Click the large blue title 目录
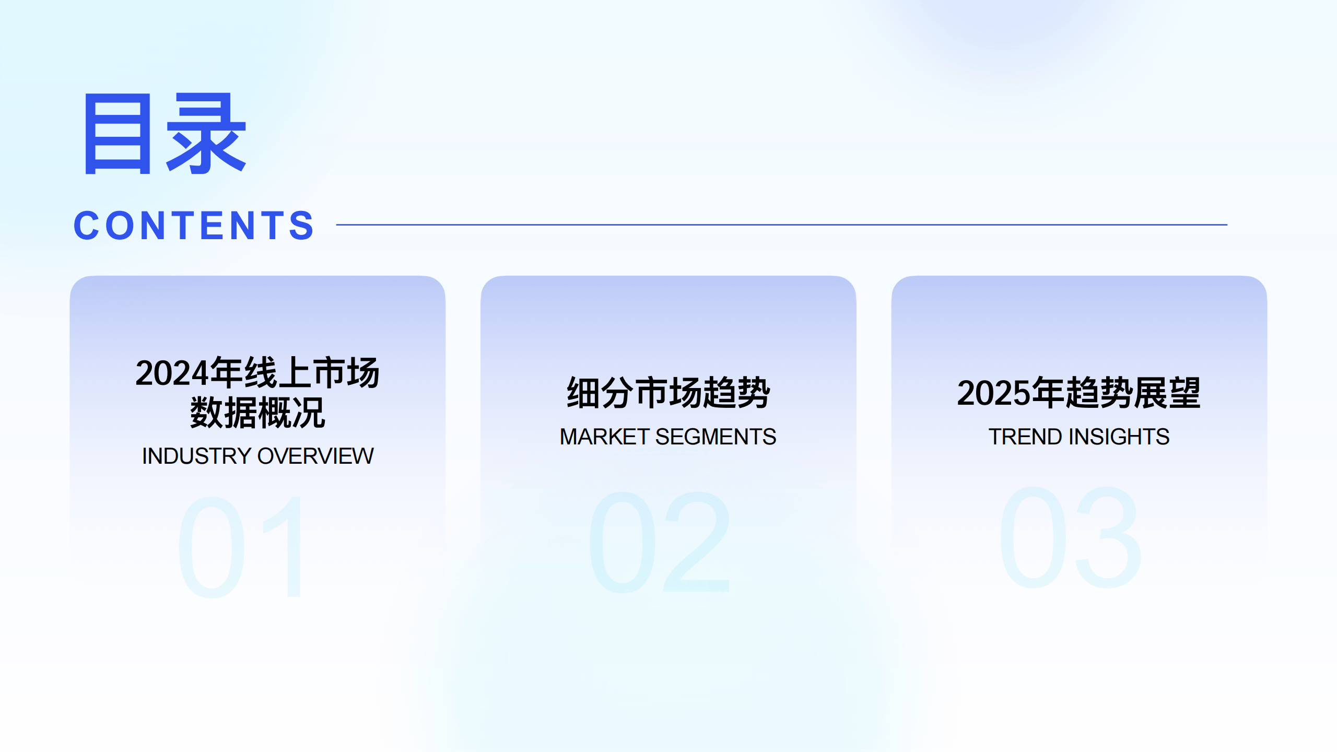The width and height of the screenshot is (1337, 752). pos(165,134)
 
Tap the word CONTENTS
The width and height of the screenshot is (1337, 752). pos(194,226)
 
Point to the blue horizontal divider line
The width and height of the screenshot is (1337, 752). pos(781,225)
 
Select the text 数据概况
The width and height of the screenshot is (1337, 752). pos(257,413)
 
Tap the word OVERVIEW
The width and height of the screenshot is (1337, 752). pos(315,456)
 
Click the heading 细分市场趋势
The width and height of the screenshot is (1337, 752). pos(668,393)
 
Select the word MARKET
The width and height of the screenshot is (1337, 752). pos(604,437)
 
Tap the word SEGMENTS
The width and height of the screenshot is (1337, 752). pos(716,437)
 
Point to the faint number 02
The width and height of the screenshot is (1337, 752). pos(659,542)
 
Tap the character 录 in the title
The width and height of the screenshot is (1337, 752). pos(206,134)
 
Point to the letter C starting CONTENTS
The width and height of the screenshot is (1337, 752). pos(87,226)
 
